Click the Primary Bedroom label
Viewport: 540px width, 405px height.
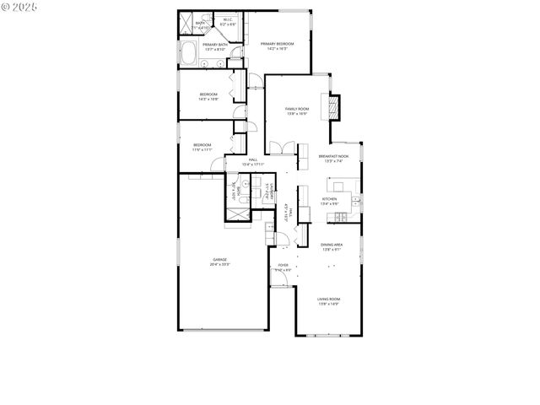[x=277, y=44]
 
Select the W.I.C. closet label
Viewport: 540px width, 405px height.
[x=228, y=19]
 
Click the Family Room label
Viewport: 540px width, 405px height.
[x=296, y=109]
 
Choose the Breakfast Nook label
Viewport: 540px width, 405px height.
[x=335, y=156]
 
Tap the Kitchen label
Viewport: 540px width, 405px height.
[x=330, y=199]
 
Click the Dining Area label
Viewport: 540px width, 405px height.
[x=331, y=245]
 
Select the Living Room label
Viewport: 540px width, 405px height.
[x=328, y=299]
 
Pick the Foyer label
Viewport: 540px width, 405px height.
[x=283, y=265]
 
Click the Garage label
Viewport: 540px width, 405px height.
[x=219, y=259]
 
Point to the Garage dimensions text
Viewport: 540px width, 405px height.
[x=219, y=264]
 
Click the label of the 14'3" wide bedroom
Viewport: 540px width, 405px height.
[x=208, y=94]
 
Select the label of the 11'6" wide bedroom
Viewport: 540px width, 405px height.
[x=202, y=144]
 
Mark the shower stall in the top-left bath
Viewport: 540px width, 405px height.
[x=186, y=24]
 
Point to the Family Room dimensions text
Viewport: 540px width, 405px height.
[x=296, y=114]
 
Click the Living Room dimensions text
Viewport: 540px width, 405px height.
[x=328, y=304]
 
